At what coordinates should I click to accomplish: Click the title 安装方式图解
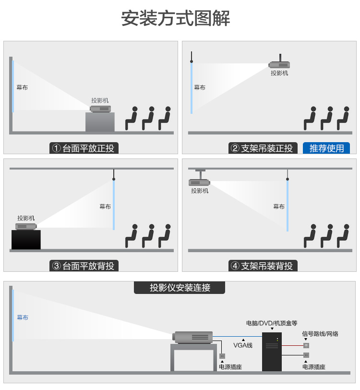[176, 18]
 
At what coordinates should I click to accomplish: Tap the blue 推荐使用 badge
[326, 148]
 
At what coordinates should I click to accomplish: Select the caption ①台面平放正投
[84, 148]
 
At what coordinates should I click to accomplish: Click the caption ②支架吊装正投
[263, 148]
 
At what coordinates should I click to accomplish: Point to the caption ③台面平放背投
[84, 266]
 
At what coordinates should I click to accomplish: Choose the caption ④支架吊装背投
[263, 266]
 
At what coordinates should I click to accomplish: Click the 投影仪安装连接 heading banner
[180, 288]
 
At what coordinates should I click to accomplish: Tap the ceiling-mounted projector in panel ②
[279, 64]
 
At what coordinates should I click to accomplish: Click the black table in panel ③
[26, 240]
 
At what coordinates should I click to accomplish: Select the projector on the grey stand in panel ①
[100, 109]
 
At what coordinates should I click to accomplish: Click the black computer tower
[272, 352]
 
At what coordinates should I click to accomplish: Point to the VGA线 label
[243, 345]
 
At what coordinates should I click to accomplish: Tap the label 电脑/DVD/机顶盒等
[272, 323]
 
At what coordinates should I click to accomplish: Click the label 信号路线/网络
[320, 334]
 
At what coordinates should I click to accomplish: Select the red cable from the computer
[293, 345]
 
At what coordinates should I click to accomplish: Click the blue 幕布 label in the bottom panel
[23, 317]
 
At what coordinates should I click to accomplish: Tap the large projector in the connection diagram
[192, 337]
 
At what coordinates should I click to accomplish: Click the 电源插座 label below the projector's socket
[230, 367]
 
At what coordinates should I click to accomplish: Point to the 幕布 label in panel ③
[105, 207]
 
